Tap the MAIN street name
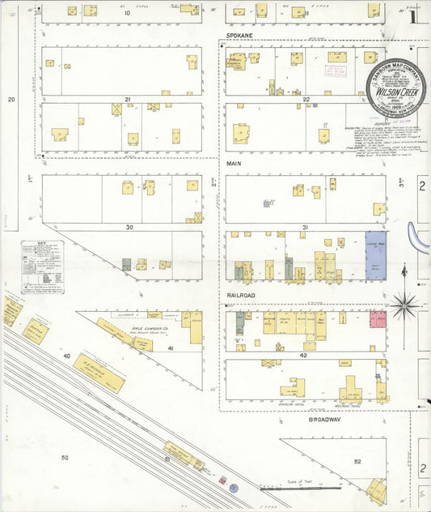[234, 164]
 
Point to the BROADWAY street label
[324, 420]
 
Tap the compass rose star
[405, 306]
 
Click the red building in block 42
[378, 319]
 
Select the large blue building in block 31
[376, 256]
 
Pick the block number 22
[306, 99]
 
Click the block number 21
[127, 99]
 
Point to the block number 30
[129, 227]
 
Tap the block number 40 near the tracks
[67, 355]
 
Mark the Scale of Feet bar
[299, 488]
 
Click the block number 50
[65, 458]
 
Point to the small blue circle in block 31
[265, 203]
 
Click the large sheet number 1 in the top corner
[412, 15]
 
